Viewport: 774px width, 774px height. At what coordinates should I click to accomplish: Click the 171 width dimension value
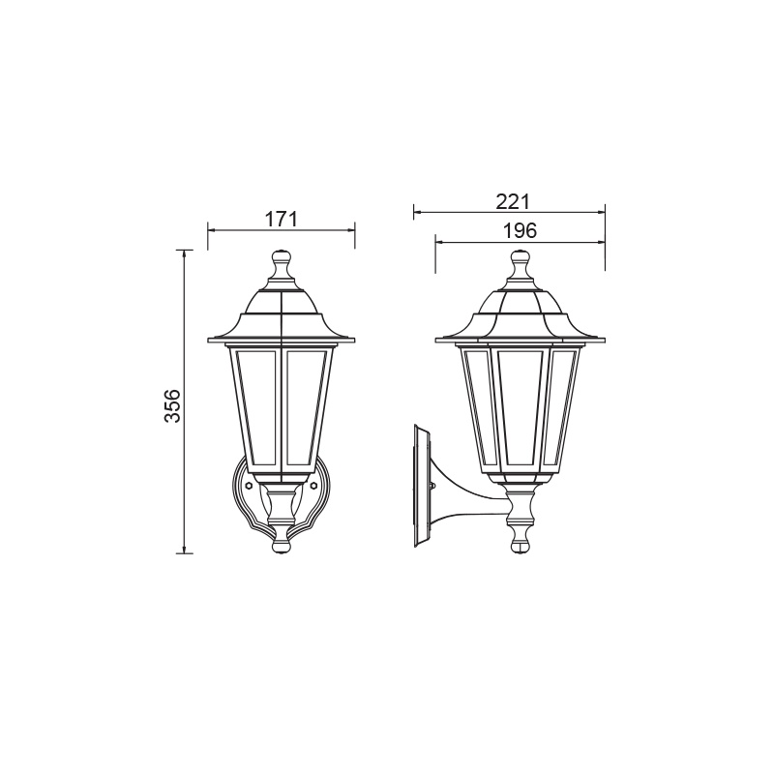282,220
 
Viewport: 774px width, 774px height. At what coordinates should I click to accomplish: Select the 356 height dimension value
173,405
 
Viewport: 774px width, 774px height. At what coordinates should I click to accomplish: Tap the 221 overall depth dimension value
512,201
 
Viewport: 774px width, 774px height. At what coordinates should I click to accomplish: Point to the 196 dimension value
520,230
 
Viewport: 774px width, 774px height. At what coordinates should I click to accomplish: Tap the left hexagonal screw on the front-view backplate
249,486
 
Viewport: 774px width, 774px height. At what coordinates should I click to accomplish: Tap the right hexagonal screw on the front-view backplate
313,486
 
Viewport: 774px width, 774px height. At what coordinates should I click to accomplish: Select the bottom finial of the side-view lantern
520,542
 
